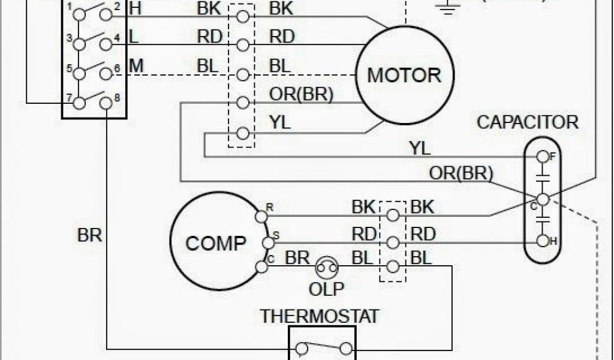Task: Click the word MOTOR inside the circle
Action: (x=404, y=75)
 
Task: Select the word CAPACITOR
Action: (x=528, y=122)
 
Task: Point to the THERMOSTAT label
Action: (x=320, y=316)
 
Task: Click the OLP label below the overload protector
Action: (x=327, y=289)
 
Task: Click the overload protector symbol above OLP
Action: (x=327, y=267)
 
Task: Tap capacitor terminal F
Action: (x=543, y=157)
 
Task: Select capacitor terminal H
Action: (x=543, y=241)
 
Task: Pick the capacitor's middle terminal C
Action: (x=543, y=199)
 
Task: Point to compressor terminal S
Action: (x=267, y=242)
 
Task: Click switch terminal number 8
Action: (x=106, y=103)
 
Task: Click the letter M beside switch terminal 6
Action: (x=136, y=65)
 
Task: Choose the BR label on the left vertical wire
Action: (x=90, y=235)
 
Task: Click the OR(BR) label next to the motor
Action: (x=302, y=94)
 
